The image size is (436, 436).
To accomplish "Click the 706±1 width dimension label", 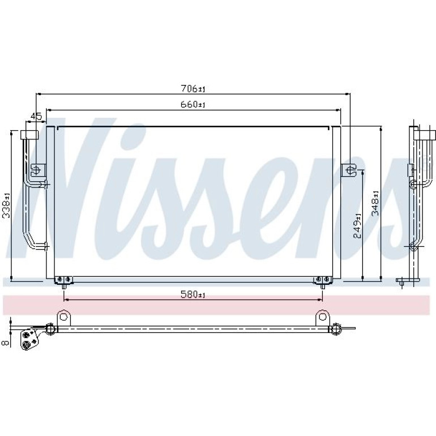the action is point(193,89).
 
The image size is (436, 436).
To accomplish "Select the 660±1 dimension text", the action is point(193,105).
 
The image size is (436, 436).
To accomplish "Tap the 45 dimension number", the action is point(36,116).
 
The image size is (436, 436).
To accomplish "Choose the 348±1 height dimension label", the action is point(375,203).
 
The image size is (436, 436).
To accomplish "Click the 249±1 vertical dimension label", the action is point(357,225).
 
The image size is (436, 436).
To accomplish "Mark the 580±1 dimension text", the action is point(193,294).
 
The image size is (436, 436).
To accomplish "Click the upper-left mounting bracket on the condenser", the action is point(38,170).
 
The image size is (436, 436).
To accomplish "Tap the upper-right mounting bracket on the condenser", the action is point(349,170).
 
